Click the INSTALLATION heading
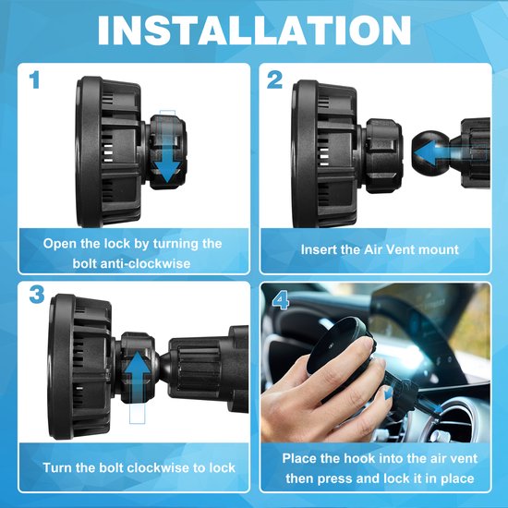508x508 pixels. point(254,30)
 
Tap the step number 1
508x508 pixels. point(34,80)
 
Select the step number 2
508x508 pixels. point(274,80)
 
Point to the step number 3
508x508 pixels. point(37,295)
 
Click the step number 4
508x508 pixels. point(280,301)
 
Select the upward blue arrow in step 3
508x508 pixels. point(137,378)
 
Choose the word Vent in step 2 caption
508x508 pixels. point(401,249)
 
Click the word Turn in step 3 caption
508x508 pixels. point(57,468)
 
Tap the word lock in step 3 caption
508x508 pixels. point(222,468)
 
